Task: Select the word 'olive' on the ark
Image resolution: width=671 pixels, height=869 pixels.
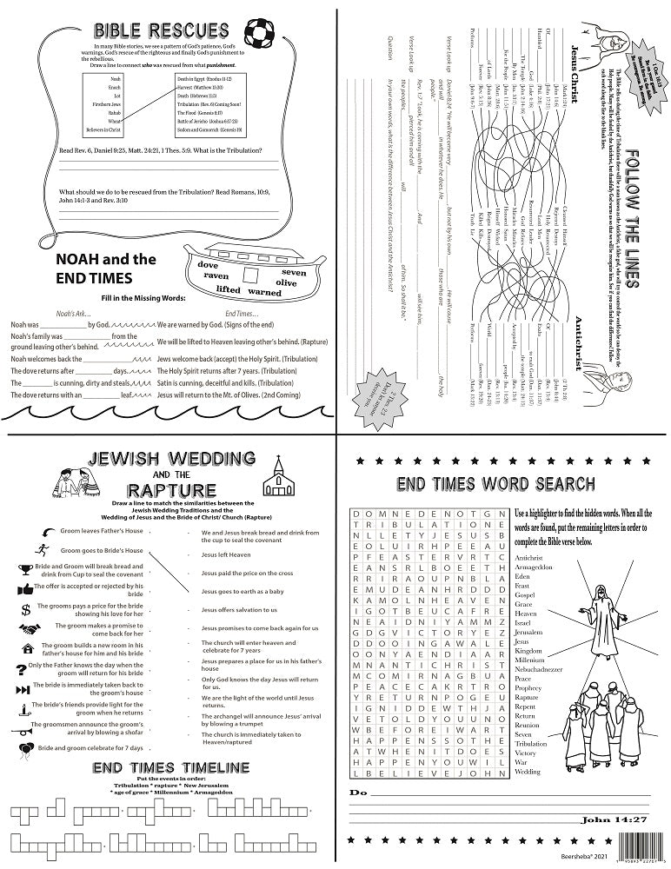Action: (x=286, y=283)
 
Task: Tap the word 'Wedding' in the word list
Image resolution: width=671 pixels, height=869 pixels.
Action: (x=528, y=771)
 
